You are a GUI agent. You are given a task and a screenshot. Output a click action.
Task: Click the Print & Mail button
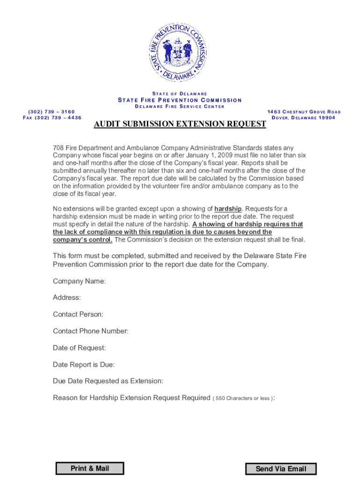[90, 468]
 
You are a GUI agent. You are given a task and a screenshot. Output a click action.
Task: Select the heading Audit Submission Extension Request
[180, 124]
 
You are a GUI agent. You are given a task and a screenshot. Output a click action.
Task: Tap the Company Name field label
[79, 281]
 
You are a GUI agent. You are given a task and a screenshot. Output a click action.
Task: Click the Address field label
[67, 298]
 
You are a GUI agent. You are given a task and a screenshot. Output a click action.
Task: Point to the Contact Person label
[78, 314]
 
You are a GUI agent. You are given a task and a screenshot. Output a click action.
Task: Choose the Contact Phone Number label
[91, 331]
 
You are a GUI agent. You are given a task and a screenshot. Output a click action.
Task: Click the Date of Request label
[79, 348]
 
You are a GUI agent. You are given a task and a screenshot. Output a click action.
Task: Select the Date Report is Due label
[84, 364]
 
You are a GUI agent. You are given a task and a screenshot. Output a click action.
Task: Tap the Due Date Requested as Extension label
[108, 381]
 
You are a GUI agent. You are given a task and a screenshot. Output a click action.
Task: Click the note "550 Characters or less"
[243, 399]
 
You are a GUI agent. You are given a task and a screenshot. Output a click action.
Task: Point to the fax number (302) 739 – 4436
[52, 117]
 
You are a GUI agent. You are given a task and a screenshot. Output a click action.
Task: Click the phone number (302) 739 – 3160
[51, 112]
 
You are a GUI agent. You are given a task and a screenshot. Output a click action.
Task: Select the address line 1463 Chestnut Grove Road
[304, 112]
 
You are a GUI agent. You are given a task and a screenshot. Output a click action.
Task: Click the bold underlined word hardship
[228, 209]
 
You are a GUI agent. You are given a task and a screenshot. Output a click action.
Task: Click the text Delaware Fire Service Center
[180, 106]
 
